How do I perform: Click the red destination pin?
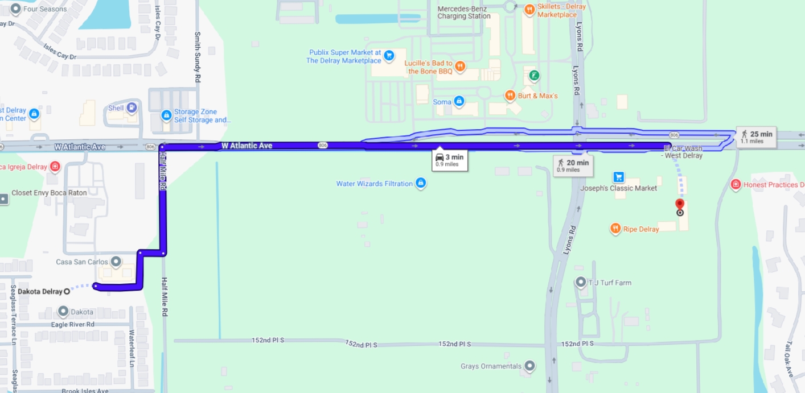pos(679,204)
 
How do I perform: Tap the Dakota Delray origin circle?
pos(67,291)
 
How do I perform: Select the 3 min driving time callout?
pos(449,160)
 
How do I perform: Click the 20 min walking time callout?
pos(573,166)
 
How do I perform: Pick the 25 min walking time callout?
pos(756,136)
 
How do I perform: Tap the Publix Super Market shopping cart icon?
pos(389,56)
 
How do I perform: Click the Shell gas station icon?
pos(132,107)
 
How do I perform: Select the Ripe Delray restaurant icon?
pos(615,229)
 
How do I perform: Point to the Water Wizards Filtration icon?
pos(421,183)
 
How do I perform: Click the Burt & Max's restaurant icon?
pos(510,96)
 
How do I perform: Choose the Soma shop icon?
pos(459,102)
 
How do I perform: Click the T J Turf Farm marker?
pos(581,282)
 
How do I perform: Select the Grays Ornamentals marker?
pos(530,366)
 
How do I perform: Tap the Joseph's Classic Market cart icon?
pos(619,177)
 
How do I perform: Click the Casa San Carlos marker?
pos(116,262)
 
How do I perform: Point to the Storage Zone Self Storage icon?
pos(166,115)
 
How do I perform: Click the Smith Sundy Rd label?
pos(198,57)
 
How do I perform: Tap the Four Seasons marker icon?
pos(15,9)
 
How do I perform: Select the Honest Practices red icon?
pos(736,185)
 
